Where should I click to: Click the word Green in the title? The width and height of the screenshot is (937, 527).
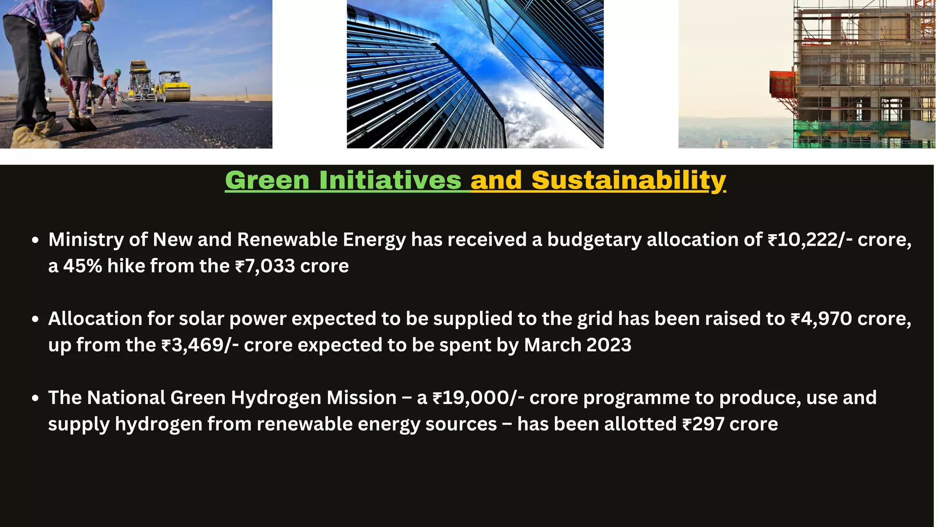(267, 180)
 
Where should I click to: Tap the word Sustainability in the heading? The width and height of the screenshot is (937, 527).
(628, 180)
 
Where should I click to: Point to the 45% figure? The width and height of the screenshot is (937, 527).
(82, 266)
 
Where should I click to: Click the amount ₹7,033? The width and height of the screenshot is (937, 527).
(265, 266)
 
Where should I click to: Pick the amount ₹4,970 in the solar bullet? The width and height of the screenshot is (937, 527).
(821, 319)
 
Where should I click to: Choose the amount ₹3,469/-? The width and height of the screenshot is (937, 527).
(200, 345)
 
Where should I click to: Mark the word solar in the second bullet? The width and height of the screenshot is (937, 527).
(201, 319)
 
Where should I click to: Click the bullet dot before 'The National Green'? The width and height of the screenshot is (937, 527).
(36, 398)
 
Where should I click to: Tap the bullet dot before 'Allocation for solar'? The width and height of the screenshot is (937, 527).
(36, 319)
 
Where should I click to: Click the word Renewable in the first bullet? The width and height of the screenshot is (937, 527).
(287, 240)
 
